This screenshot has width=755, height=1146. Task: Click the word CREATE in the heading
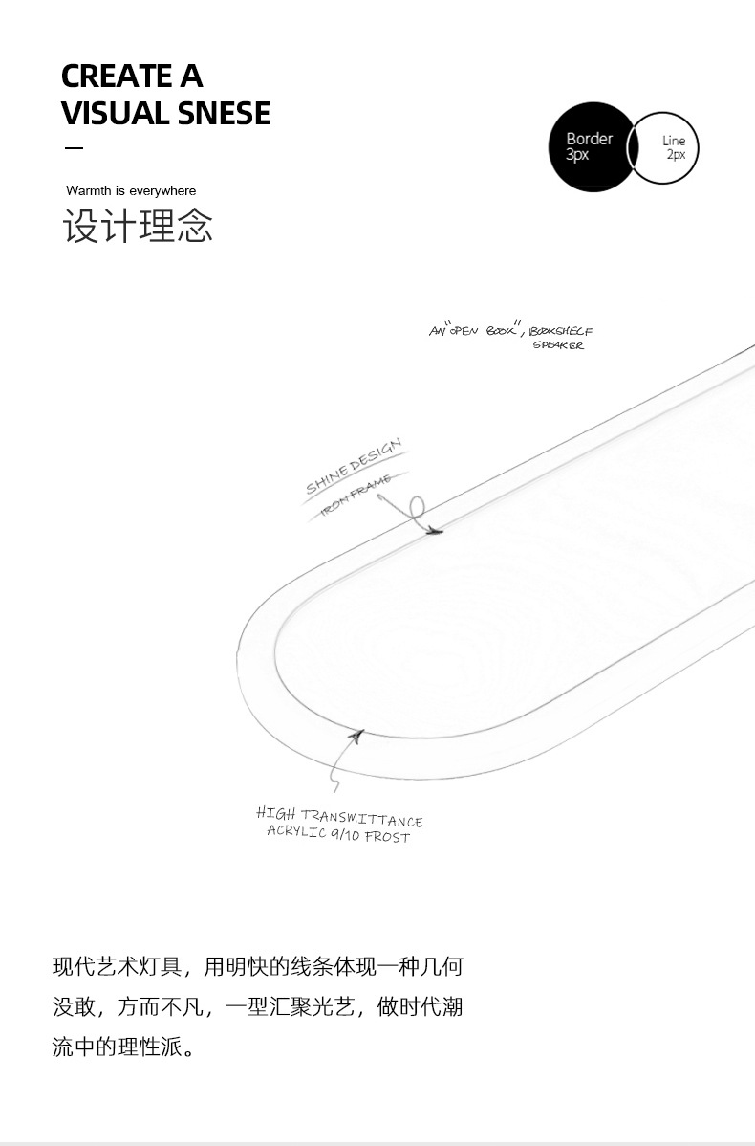tap(111, 76)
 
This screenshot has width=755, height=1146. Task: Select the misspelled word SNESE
tap(221, 114)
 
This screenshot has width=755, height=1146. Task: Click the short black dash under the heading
tap(74, 148)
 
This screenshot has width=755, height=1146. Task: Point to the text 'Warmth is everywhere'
tap(131, 191)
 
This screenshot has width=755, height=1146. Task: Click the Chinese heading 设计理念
tap(139, 227)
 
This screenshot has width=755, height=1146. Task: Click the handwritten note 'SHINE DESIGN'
tap(354, 467)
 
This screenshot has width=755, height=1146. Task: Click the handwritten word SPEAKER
tap(558, 345)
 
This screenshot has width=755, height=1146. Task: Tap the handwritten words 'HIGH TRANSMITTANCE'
tap(339, 817)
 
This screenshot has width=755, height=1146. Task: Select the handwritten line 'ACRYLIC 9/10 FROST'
tap(338, 834)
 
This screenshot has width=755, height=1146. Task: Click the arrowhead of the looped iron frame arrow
tap(435, 531)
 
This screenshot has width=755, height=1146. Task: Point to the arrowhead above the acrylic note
tap(357, 736)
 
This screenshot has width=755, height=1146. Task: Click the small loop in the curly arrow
tap(417, 507)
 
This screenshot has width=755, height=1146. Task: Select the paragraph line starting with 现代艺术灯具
tap(257, 967)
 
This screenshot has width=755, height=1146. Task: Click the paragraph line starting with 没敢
tap(257, 1007)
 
